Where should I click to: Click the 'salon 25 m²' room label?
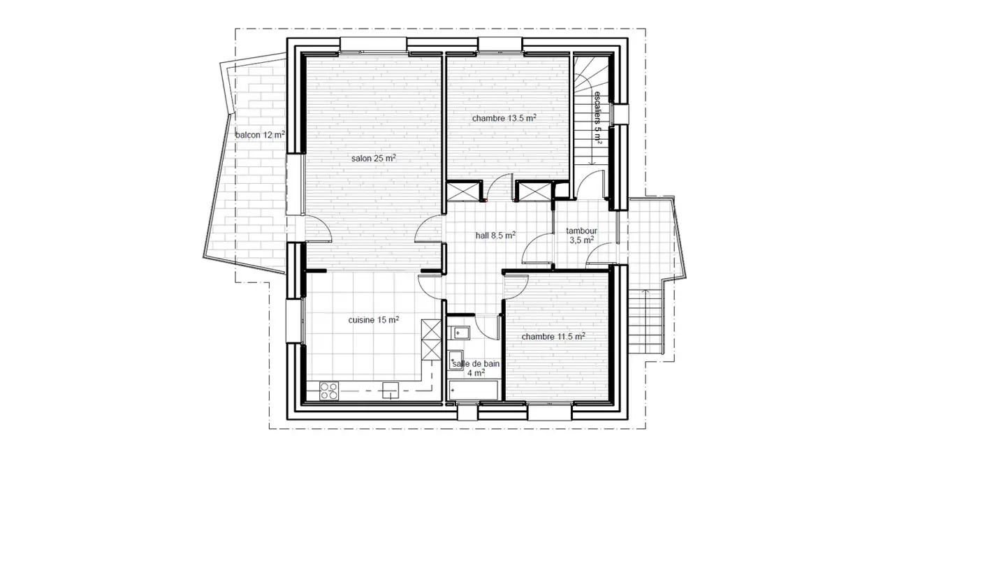373,159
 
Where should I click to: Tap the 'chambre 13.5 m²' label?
504,118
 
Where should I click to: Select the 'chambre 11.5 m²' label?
553,336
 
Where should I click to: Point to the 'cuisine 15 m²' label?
374,320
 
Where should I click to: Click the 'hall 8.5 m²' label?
495,235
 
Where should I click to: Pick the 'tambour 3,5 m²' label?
581,235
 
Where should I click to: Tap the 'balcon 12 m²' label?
260,135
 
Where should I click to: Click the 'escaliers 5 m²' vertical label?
598,117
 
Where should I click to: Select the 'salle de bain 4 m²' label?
476,368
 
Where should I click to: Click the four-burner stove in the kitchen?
328,391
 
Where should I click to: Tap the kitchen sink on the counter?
389,391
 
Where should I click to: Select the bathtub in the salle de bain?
474,391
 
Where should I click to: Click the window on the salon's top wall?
373,45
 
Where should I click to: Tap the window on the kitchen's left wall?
293,321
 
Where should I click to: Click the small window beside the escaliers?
619,115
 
